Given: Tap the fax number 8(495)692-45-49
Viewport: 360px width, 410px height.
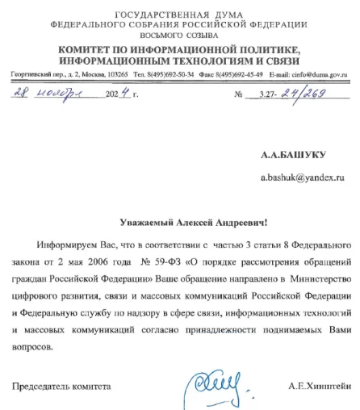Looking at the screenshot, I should tap(232, 74).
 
